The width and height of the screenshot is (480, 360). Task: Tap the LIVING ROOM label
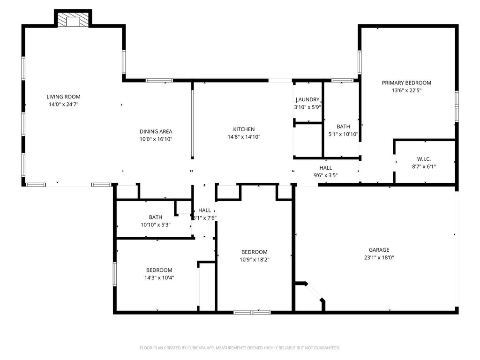coord(63,97)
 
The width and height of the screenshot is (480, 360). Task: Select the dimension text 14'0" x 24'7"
coord(64,105)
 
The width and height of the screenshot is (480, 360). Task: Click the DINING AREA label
coord(156,132)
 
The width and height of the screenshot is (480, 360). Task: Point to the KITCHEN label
coord(244,129)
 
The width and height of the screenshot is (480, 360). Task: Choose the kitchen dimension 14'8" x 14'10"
coord(244,137)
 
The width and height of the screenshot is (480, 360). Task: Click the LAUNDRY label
coord(307,99)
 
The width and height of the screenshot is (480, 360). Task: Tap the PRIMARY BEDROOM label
coord(406,83)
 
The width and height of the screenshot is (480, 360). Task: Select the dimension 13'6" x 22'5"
coord(406,90)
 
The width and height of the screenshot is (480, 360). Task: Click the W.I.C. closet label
coord(424,159)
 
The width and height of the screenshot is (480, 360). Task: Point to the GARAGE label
coord(379,250)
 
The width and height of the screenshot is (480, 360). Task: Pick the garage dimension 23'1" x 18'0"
coord(379,257)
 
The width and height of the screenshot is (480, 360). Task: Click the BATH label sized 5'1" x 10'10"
coord(343,127)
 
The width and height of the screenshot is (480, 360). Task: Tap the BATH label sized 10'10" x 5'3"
coord(156,217)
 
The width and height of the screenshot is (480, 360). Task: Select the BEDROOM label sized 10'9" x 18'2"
coord(255,252)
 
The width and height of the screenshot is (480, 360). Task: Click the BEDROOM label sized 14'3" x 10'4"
coord(159,270)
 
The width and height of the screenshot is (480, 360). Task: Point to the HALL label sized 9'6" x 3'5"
coord(326,168)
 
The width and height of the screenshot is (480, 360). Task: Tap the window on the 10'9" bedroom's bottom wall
coord(252,313)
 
